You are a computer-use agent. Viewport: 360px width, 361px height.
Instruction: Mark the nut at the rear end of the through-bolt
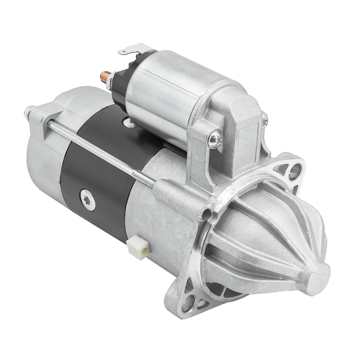(x=30, y=111)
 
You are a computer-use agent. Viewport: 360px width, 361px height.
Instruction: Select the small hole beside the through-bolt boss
(x=208, y=214)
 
